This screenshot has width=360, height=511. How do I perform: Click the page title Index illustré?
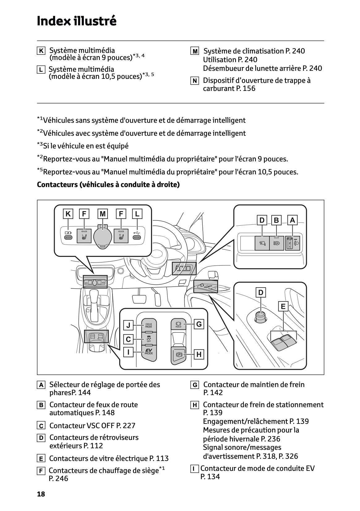pyautogui.click(x=77, y=21)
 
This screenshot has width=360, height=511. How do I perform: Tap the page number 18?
pyautogui.click(x=41, y=494)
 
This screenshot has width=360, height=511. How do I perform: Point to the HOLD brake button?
pyautogui.click(x=178, y=324)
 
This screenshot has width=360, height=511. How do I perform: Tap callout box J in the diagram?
pyautogui.click(x=129, y=325)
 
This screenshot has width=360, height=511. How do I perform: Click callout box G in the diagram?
pyautogui.click(x=199, y=324)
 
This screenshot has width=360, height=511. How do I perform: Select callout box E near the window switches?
pyautogui.click(x=283, y=307)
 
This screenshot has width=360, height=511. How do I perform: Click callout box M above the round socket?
pyautogui.click(x=103, y=214)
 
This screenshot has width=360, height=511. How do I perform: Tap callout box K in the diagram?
pyautogui.click(x=68, y=214)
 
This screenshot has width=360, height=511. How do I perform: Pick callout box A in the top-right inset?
pyautogui.click(x=292, y=220)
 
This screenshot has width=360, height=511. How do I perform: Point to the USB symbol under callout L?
pyautogui.click(x=137, y=232)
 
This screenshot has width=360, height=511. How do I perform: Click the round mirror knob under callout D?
pyautogui.click(x=260, y=316)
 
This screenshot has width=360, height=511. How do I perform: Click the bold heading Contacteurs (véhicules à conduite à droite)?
pyautogui.click(x=108, y=185)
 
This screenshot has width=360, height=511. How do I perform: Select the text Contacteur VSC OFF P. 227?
pyautogui.click(x=92, y=426)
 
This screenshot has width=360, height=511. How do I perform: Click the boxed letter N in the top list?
pyautogui.click(x=194, y=81)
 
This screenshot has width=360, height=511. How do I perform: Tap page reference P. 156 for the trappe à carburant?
pyautogui.click(x=245, y=88)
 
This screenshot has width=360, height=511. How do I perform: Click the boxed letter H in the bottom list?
pyautogui.click(x=194, y=405)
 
